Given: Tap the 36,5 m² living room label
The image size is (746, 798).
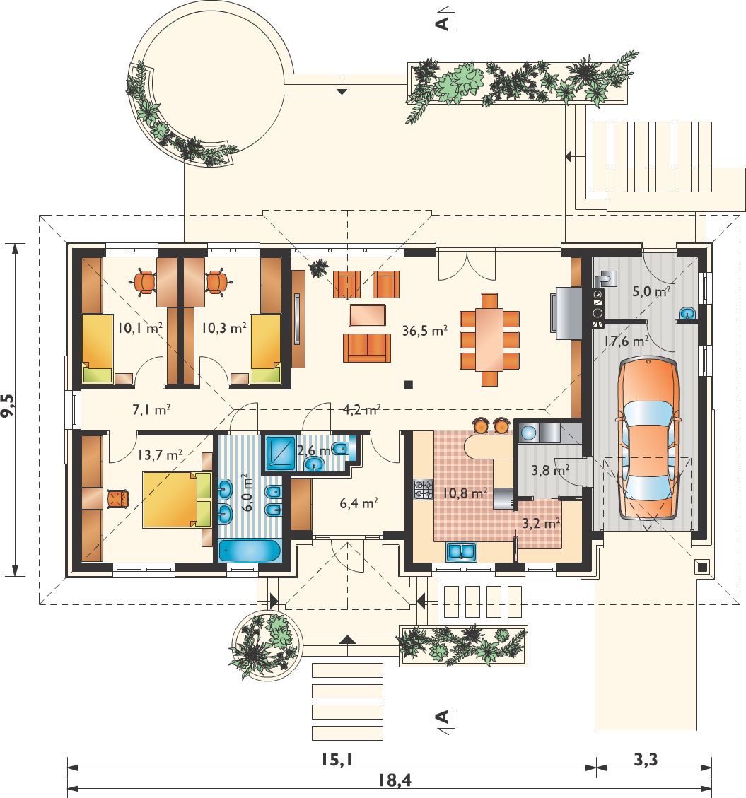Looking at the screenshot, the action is pos(425,331).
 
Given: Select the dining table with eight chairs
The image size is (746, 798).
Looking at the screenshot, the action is pos(489,339).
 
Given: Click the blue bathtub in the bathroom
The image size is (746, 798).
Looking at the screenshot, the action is pos(250,551).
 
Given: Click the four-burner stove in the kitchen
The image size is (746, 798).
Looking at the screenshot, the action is pos(424,490).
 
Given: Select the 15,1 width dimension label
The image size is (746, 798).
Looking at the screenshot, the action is pos(337,760).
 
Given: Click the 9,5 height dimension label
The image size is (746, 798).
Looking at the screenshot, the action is pos(8,406).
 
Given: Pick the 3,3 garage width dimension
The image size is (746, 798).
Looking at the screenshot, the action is pos(646,760).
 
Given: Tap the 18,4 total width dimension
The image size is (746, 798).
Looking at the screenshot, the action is pos(395,779).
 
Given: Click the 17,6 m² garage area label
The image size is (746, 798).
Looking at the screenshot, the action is pos(626,341).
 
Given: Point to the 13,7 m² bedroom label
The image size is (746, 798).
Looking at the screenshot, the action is pos(160,454).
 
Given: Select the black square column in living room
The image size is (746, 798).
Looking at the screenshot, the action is pos(408,385).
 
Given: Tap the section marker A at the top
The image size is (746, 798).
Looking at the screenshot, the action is pos(443,23).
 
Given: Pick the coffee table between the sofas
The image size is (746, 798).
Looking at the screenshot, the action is pos(367,315).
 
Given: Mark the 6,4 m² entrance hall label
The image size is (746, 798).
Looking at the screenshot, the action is pos(359,503).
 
